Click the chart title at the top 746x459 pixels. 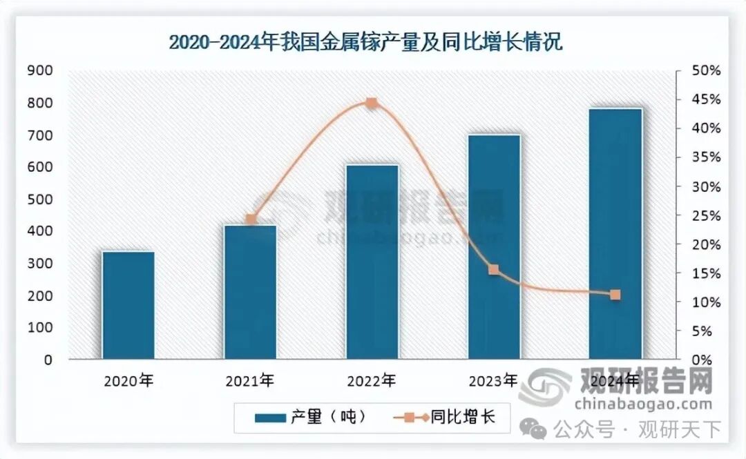pos(365,43)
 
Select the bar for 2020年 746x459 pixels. pos(128,305)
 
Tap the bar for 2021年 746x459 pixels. pos(251,292)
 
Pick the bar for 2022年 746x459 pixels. pos(372,262)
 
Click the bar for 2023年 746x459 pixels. pos(494,246)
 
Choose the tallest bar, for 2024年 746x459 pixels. pos(615,233)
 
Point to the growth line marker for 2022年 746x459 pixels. pos(372,104)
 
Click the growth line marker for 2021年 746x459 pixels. pos(251,219)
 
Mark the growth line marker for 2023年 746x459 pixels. pos(494,270)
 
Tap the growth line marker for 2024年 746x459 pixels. pos(615,295)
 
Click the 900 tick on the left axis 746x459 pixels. pos(39,70)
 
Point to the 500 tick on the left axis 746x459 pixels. pos(39,199)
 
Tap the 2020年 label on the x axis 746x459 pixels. pos(128,380)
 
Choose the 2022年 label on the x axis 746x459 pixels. pos(372,380)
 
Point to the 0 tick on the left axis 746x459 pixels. pos(48,360)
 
